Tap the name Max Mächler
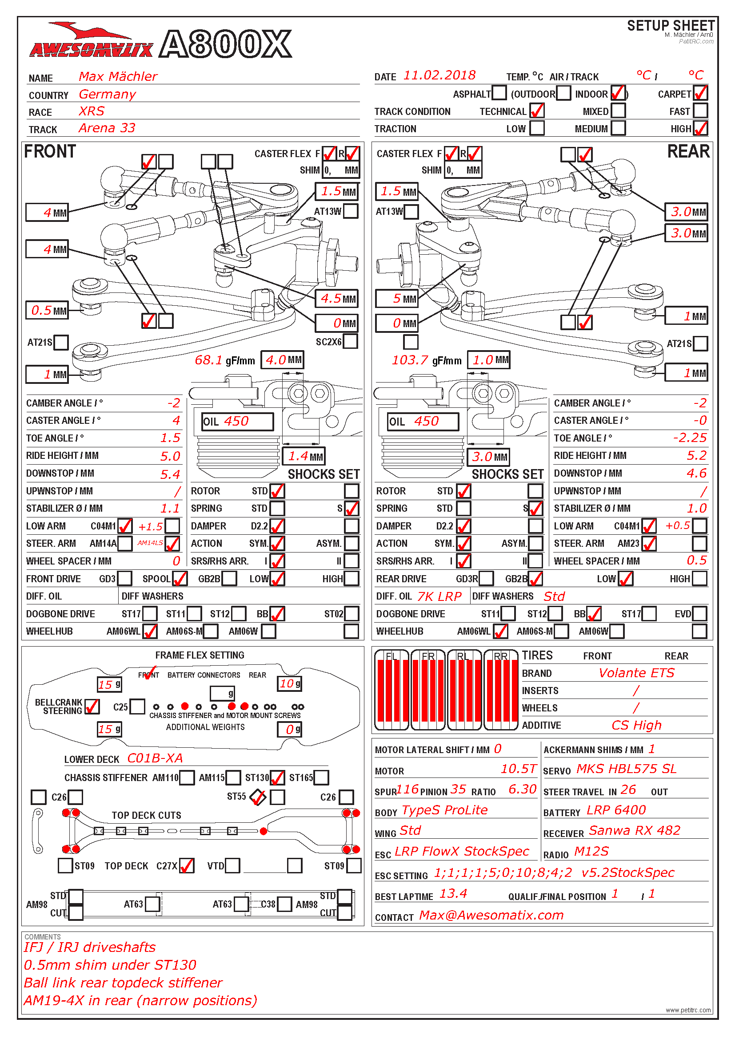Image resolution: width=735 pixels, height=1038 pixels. [x=118, y=76]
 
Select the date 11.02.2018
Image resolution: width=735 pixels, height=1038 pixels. [x=439, y=75]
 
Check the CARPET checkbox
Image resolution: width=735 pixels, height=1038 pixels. [x=700, y=94]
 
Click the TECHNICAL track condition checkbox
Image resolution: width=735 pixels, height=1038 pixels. [x=537, y=111]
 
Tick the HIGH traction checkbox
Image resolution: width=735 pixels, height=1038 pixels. [x=700, y=128]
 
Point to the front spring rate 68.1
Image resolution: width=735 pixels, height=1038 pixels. [x=209, y=360]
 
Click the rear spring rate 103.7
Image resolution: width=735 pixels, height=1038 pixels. [x=410, y=360]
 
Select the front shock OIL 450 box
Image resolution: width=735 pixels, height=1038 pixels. [x=237, y=421]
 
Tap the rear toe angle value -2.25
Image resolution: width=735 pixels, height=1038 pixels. [x=689, y=438]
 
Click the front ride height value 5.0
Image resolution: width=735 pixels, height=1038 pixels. [x=170, y=456]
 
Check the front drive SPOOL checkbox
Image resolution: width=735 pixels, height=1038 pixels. [x=180, y=578]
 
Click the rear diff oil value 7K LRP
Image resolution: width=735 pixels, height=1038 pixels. [x=439, y=596]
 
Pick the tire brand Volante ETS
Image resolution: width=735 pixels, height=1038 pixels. [x=636, y=673]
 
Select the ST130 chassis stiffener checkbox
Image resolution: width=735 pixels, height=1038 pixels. [x=277, y=778]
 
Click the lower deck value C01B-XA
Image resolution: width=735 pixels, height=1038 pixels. [x=155, y=758]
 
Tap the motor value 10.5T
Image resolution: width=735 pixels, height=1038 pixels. [x=518, y=769]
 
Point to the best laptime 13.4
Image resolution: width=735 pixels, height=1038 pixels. [x=453, y=894]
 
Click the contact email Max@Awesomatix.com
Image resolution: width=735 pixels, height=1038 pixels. [x=491, y=916]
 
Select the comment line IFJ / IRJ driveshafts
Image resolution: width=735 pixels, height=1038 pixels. [x=90, y=947]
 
